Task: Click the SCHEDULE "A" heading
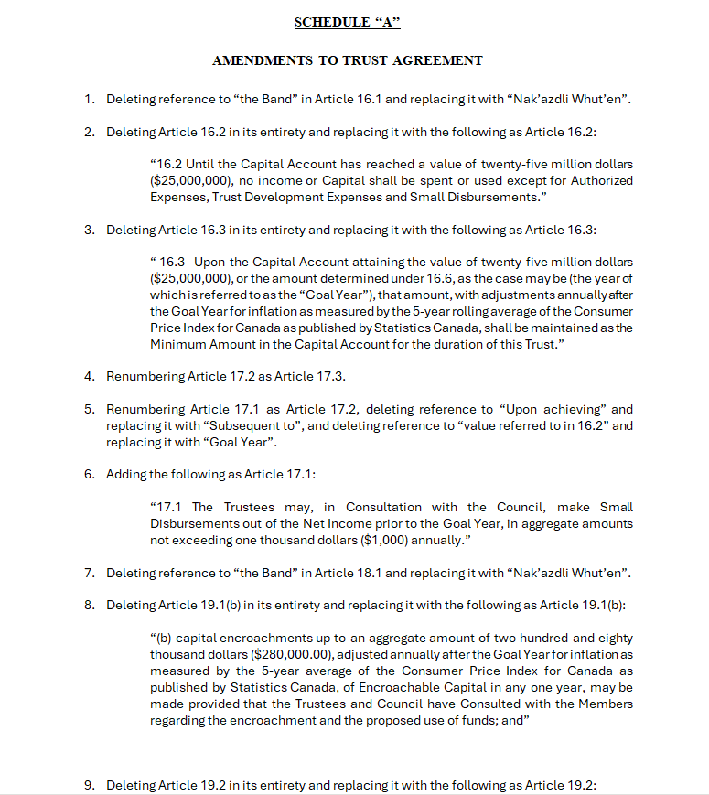point(348,22)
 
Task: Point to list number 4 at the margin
point(89,376)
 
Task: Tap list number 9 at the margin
point(89,785)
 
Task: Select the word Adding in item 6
point(125,474)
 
